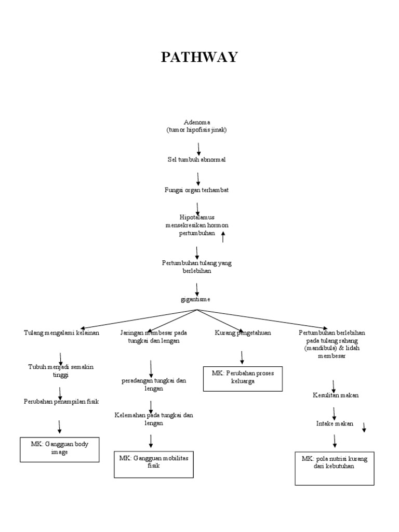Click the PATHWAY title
(x=199, y=57)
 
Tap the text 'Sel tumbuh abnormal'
(x=196, y=159)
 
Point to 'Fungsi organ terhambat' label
(x=197, y=190)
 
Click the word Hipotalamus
(x=197, y=216)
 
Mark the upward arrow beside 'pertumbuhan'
(x=223, y=237)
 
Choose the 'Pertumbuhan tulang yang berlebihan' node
(x=197, y=267)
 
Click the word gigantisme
(x=197, y=300)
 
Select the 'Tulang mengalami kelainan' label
(x=61, y=332)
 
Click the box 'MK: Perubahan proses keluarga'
(x=243, y=378)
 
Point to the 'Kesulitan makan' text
(x=336, y=395)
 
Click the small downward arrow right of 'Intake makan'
(x=364, y=427)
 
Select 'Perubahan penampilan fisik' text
(x=61, y=402)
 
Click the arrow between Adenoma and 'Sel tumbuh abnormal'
(x=199, y=149)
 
